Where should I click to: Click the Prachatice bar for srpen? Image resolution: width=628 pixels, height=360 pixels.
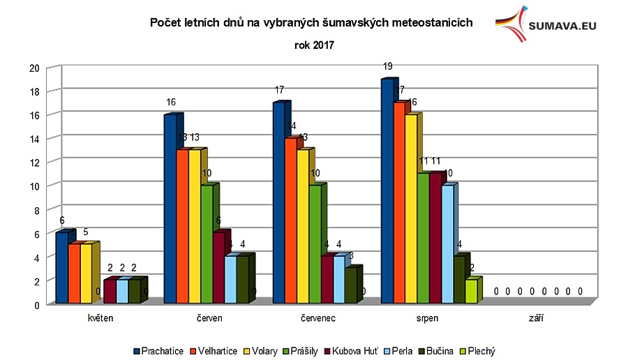point(387,192)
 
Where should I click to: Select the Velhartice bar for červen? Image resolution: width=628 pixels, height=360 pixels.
point(182,227)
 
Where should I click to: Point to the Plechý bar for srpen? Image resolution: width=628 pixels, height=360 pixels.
point(472,292)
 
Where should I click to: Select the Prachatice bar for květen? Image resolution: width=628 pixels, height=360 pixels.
point(62,268)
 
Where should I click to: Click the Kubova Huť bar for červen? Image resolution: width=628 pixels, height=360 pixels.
point(218,268)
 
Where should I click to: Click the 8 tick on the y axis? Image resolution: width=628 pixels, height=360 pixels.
point(36,210)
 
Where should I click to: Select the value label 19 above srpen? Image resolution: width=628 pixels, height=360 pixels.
point(388,67)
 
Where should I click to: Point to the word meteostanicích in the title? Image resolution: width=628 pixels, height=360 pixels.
point(433,23)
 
